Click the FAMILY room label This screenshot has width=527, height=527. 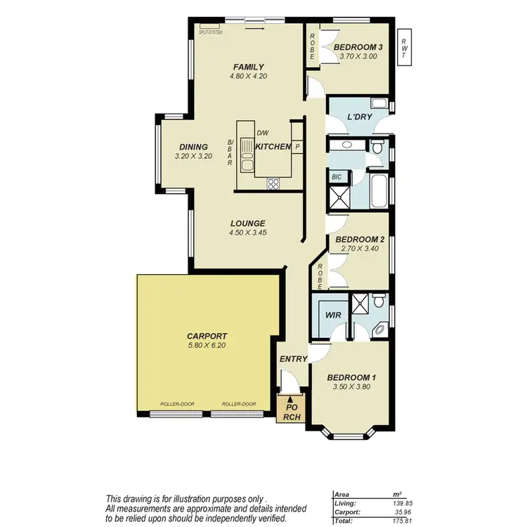[248, 67]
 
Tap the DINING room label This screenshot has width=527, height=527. [193, 147]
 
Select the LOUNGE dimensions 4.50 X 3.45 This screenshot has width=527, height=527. [248, 233]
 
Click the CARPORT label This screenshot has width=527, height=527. [207, 336]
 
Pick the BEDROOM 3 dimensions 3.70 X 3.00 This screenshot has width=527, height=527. [358, 56]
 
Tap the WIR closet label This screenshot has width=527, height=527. [333, 315]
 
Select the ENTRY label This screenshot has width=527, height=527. [293, 359]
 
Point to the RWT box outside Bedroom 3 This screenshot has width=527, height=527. [404, 47]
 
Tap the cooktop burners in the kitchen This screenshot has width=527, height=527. [273, 183]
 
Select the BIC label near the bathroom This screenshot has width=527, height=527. [337, 178]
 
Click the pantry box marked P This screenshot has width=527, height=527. [297, 147]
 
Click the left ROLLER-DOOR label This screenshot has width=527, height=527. [173, 404]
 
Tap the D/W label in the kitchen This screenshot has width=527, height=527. [263, 133]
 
